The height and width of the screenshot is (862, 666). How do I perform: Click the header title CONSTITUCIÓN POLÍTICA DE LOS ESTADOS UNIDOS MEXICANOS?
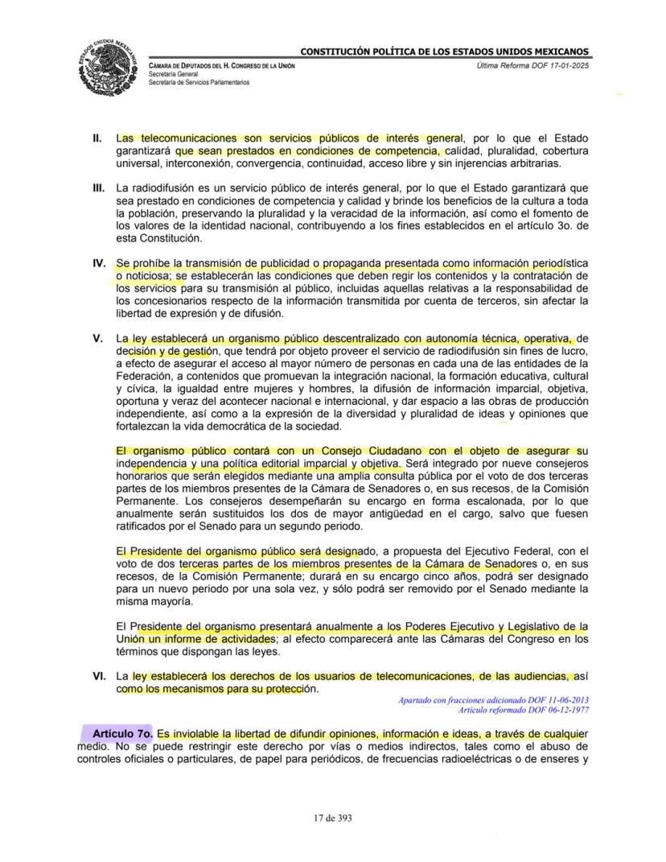click(445, 52)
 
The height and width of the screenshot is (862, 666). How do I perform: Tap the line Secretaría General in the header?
click(175, 74)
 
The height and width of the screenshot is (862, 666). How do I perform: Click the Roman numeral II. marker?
click(97, 138)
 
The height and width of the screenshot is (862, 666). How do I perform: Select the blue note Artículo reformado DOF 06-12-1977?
click(523, 709)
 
